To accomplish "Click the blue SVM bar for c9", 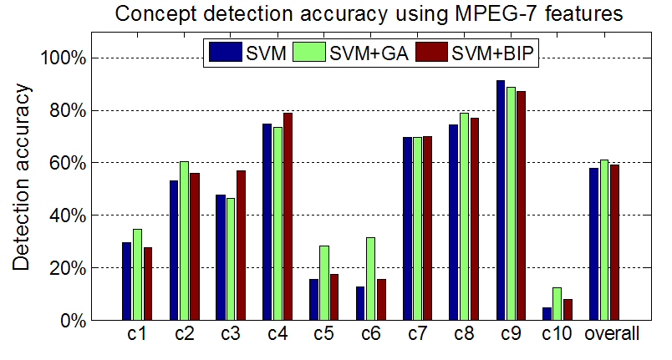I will coord(501,200).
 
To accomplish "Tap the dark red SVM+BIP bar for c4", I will coord(288,216).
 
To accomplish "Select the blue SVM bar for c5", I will coord(313,300).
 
